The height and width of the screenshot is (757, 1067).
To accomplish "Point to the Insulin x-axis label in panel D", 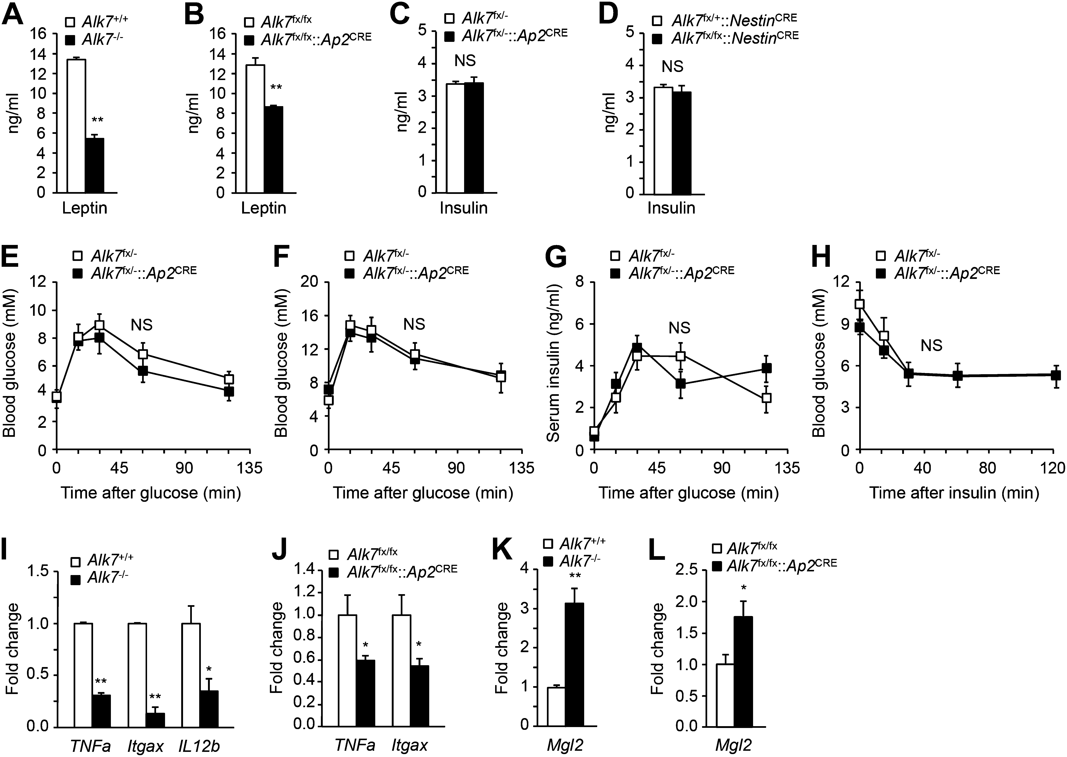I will click(x=671, y=208).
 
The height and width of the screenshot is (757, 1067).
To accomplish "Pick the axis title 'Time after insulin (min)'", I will click(x=955, y=493).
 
